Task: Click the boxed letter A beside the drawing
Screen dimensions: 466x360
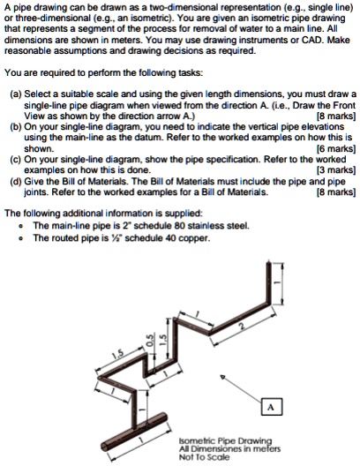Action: tap(271, 407)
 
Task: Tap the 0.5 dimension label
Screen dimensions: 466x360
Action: tap(150, 341)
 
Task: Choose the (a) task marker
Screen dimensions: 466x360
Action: tap(16, 94)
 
